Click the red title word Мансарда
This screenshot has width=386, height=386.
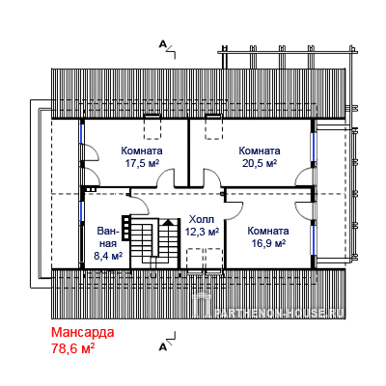pos(83,332)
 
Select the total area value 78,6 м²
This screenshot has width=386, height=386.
pos(73,348)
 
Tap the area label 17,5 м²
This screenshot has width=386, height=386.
pos(142,163)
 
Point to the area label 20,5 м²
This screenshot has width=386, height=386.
pos(260,163)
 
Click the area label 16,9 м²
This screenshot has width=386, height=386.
pos(268,243)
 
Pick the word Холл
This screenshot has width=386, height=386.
pos(202,220)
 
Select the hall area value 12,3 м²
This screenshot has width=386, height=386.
pos(202,232)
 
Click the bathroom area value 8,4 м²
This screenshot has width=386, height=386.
pos(108,256)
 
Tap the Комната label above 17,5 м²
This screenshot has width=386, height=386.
pos(142,151)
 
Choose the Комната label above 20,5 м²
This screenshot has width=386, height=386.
pos(260,151)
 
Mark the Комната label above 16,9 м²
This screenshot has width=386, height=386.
pos(268,232)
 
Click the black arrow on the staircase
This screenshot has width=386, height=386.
pos(168,222)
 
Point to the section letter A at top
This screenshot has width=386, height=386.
pos(163,43)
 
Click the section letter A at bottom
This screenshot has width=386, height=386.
pos(163,346)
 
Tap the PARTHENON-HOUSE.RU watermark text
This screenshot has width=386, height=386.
pos(279,313)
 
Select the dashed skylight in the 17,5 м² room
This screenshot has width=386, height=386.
pos(152,127)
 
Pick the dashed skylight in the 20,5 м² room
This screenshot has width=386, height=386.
pos(214,127)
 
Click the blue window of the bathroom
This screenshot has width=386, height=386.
pos(82,210)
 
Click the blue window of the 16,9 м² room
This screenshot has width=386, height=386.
pos(313,239)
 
